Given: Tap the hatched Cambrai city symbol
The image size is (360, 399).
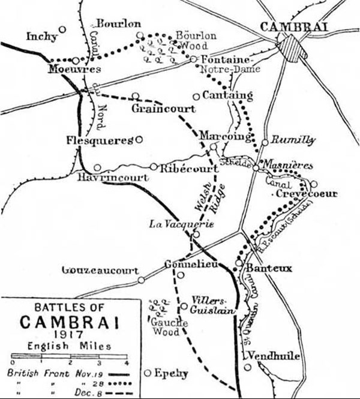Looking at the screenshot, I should [293, 47].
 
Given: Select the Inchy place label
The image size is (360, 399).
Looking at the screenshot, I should [42, 37].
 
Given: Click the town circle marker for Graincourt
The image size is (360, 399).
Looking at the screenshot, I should [136, 95].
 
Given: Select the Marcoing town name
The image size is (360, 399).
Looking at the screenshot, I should [225, 136].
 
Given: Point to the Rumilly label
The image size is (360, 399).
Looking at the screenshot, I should [293, 140].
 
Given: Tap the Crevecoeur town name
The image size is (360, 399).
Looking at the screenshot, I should [304, 194].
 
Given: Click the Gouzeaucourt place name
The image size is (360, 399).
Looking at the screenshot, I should [100, 271].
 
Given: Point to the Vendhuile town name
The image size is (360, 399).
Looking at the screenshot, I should [273, 356].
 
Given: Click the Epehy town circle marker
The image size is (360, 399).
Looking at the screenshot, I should [148, 373].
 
